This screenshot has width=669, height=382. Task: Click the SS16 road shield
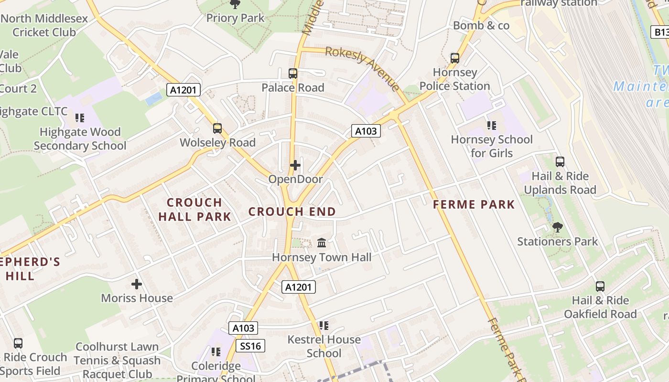250,346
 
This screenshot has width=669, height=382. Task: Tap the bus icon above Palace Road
293,74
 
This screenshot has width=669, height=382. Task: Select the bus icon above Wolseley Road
217,128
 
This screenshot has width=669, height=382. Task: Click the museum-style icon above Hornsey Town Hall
322,243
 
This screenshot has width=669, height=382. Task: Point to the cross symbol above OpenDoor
295,165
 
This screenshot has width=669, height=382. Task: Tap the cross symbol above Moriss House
137,284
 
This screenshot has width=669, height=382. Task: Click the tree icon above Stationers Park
557,227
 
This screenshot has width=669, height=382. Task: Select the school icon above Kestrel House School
324,326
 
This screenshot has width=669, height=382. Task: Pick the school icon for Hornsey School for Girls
491,126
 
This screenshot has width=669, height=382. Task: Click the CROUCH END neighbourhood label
292,212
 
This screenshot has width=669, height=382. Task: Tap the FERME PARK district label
474,205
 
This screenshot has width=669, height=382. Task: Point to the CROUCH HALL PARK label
194,210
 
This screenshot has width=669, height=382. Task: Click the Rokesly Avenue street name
362,68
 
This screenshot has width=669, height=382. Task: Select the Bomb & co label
481,25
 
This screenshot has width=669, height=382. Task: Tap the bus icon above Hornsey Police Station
455,58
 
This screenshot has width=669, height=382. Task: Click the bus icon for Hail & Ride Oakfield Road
600,286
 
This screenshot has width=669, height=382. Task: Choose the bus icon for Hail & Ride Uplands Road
560,162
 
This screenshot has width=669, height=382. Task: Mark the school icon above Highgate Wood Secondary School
80,117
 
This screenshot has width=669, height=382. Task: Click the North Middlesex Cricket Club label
44,25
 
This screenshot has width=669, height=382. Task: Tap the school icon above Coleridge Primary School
216,352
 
